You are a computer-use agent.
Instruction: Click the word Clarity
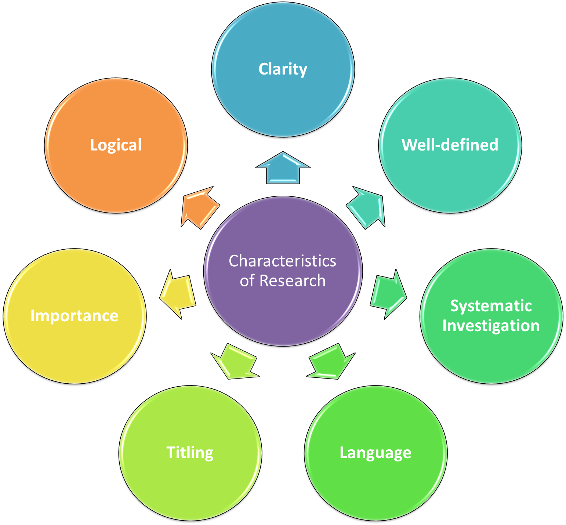point(283,69)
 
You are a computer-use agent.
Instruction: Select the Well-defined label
point(450,145)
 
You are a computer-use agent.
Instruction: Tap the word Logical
point(116,145)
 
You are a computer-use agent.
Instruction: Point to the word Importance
point(74,316)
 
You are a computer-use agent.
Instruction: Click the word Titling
point(190,452)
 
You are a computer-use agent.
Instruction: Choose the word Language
point(375,452)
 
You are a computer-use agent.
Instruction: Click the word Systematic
point(491,306)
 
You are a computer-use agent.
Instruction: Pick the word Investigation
point(491,326)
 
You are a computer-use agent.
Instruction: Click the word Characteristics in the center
point(282,261)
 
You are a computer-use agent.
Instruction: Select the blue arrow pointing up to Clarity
point(283,169)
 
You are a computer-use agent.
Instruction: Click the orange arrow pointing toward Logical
point(199,208)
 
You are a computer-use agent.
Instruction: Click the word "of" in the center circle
point(247,281)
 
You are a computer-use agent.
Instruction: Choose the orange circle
point(116,176)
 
